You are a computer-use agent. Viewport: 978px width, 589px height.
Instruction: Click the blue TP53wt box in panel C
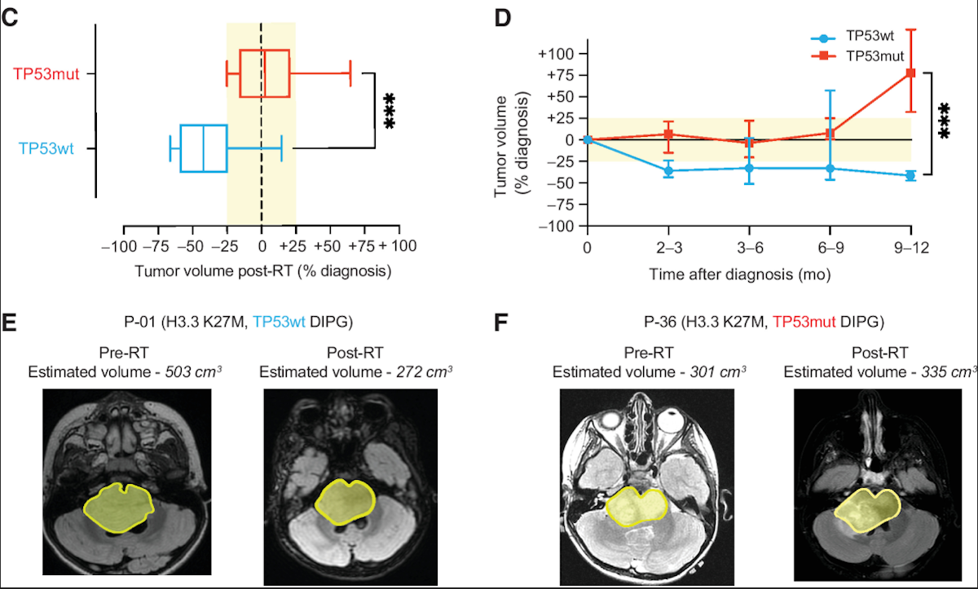[204, 148]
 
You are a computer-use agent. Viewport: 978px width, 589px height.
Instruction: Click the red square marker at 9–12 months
[911, 73]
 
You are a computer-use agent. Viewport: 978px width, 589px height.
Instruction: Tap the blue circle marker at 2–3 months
[668, 170]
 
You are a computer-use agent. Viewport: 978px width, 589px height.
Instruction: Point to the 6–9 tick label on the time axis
[830, 245]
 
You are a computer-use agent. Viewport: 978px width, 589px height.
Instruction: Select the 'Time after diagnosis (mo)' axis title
[740, 274]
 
